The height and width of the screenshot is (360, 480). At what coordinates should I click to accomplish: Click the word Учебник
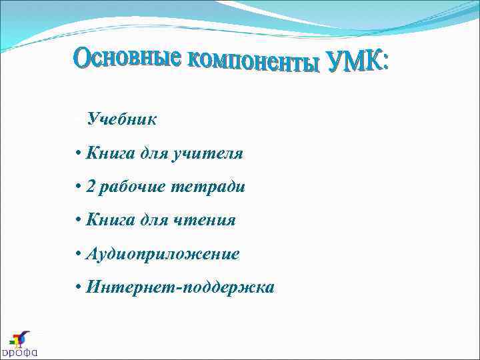(122, 120)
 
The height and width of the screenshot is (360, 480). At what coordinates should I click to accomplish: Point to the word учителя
(207, 154)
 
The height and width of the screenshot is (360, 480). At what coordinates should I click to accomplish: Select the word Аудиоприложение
(163, 254)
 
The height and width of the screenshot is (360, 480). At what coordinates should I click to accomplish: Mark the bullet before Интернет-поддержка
(79, 288)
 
